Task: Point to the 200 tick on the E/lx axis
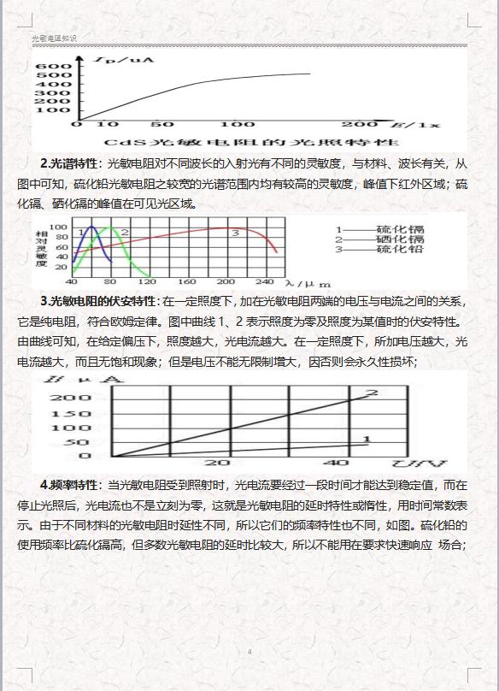[x=362, y=125]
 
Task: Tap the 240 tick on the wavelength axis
[x=264, y=282]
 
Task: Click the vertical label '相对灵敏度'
[x=40, y=247]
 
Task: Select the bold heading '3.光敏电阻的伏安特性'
[x=98, y=301]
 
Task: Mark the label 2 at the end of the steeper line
[x=371, y=393]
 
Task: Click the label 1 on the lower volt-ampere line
[x=367, y=440]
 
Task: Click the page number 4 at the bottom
[x=249, y=652]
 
